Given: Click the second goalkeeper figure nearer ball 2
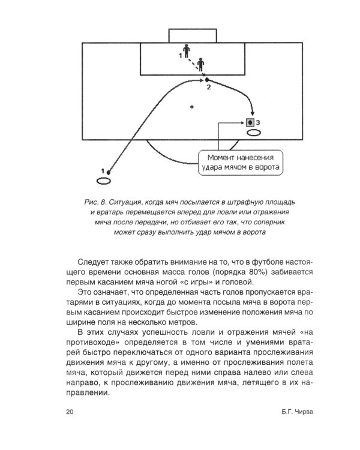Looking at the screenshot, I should pos(200,62).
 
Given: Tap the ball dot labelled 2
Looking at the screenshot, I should pos(206,79).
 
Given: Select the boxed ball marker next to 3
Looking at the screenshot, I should pos(249,122).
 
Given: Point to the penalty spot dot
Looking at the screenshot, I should pos(191,107).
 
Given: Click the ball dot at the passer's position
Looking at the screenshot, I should pos(109,172).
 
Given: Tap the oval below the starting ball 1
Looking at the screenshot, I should pos(104,181).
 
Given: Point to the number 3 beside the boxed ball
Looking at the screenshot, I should pos(258,122).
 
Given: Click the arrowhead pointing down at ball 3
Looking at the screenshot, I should pos(252,113).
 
